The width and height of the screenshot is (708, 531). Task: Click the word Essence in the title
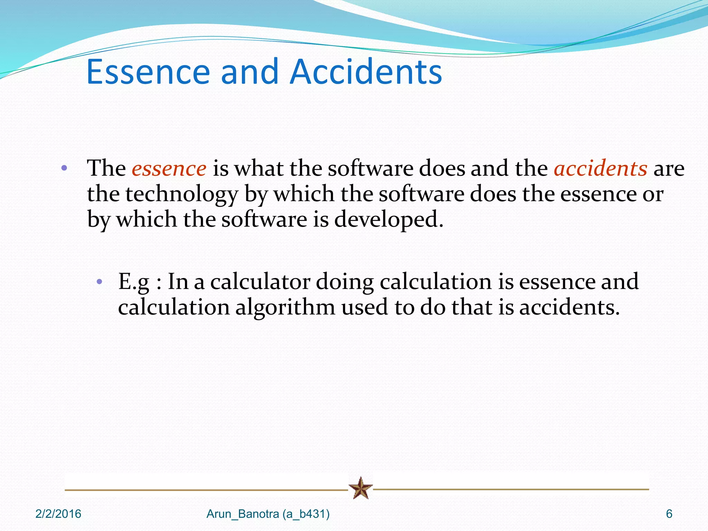(x=148, y=72)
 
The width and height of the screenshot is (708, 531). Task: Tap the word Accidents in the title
(x=366, y=72)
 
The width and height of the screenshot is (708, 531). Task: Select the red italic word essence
(x=169, y=169)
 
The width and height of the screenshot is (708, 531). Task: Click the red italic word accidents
(x=600, y=169)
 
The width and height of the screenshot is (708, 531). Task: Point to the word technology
(x=181, y=194)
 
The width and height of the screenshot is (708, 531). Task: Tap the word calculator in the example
(x=260, y=282)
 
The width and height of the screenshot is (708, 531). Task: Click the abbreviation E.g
(x=133, y=282)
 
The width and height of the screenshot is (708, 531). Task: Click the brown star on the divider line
(x=361, y=488)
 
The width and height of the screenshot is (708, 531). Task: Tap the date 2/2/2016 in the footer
(x=58, y=514)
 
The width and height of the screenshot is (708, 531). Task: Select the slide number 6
(x=669, y=514)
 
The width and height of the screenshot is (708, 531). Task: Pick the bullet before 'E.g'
(x=99, y=282)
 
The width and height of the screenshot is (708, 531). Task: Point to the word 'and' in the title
(x=249, y=72)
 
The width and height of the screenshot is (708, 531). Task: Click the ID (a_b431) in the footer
(x=306, y=514)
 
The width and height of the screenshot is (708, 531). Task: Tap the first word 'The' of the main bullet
(x=106, y=169)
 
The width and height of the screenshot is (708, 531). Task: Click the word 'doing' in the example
(x=345, y=282)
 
